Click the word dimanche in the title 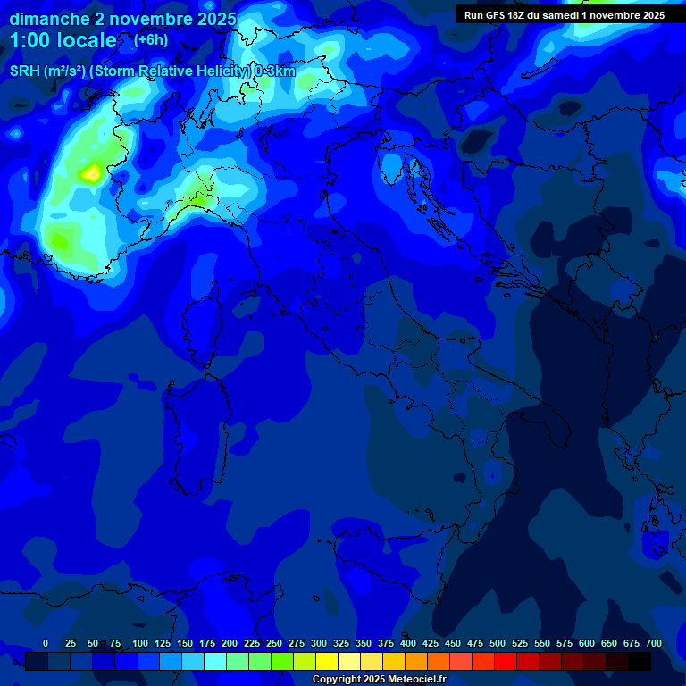[49, 19]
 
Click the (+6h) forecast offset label [151, 39]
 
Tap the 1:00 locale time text [63, 40]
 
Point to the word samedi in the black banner [559, 14]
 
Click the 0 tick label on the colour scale [46, 643]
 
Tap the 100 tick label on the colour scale [140, 643]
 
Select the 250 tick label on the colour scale [274, 643]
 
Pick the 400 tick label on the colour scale [408, 643]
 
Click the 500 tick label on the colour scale [498, 643]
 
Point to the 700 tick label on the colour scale [653, 643]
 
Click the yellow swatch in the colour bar [327, 661]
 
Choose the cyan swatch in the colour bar [215, 661]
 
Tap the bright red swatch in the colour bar [506, 661]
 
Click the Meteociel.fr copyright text [385, 680]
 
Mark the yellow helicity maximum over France [91, 172]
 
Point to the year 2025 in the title [216, 19]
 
